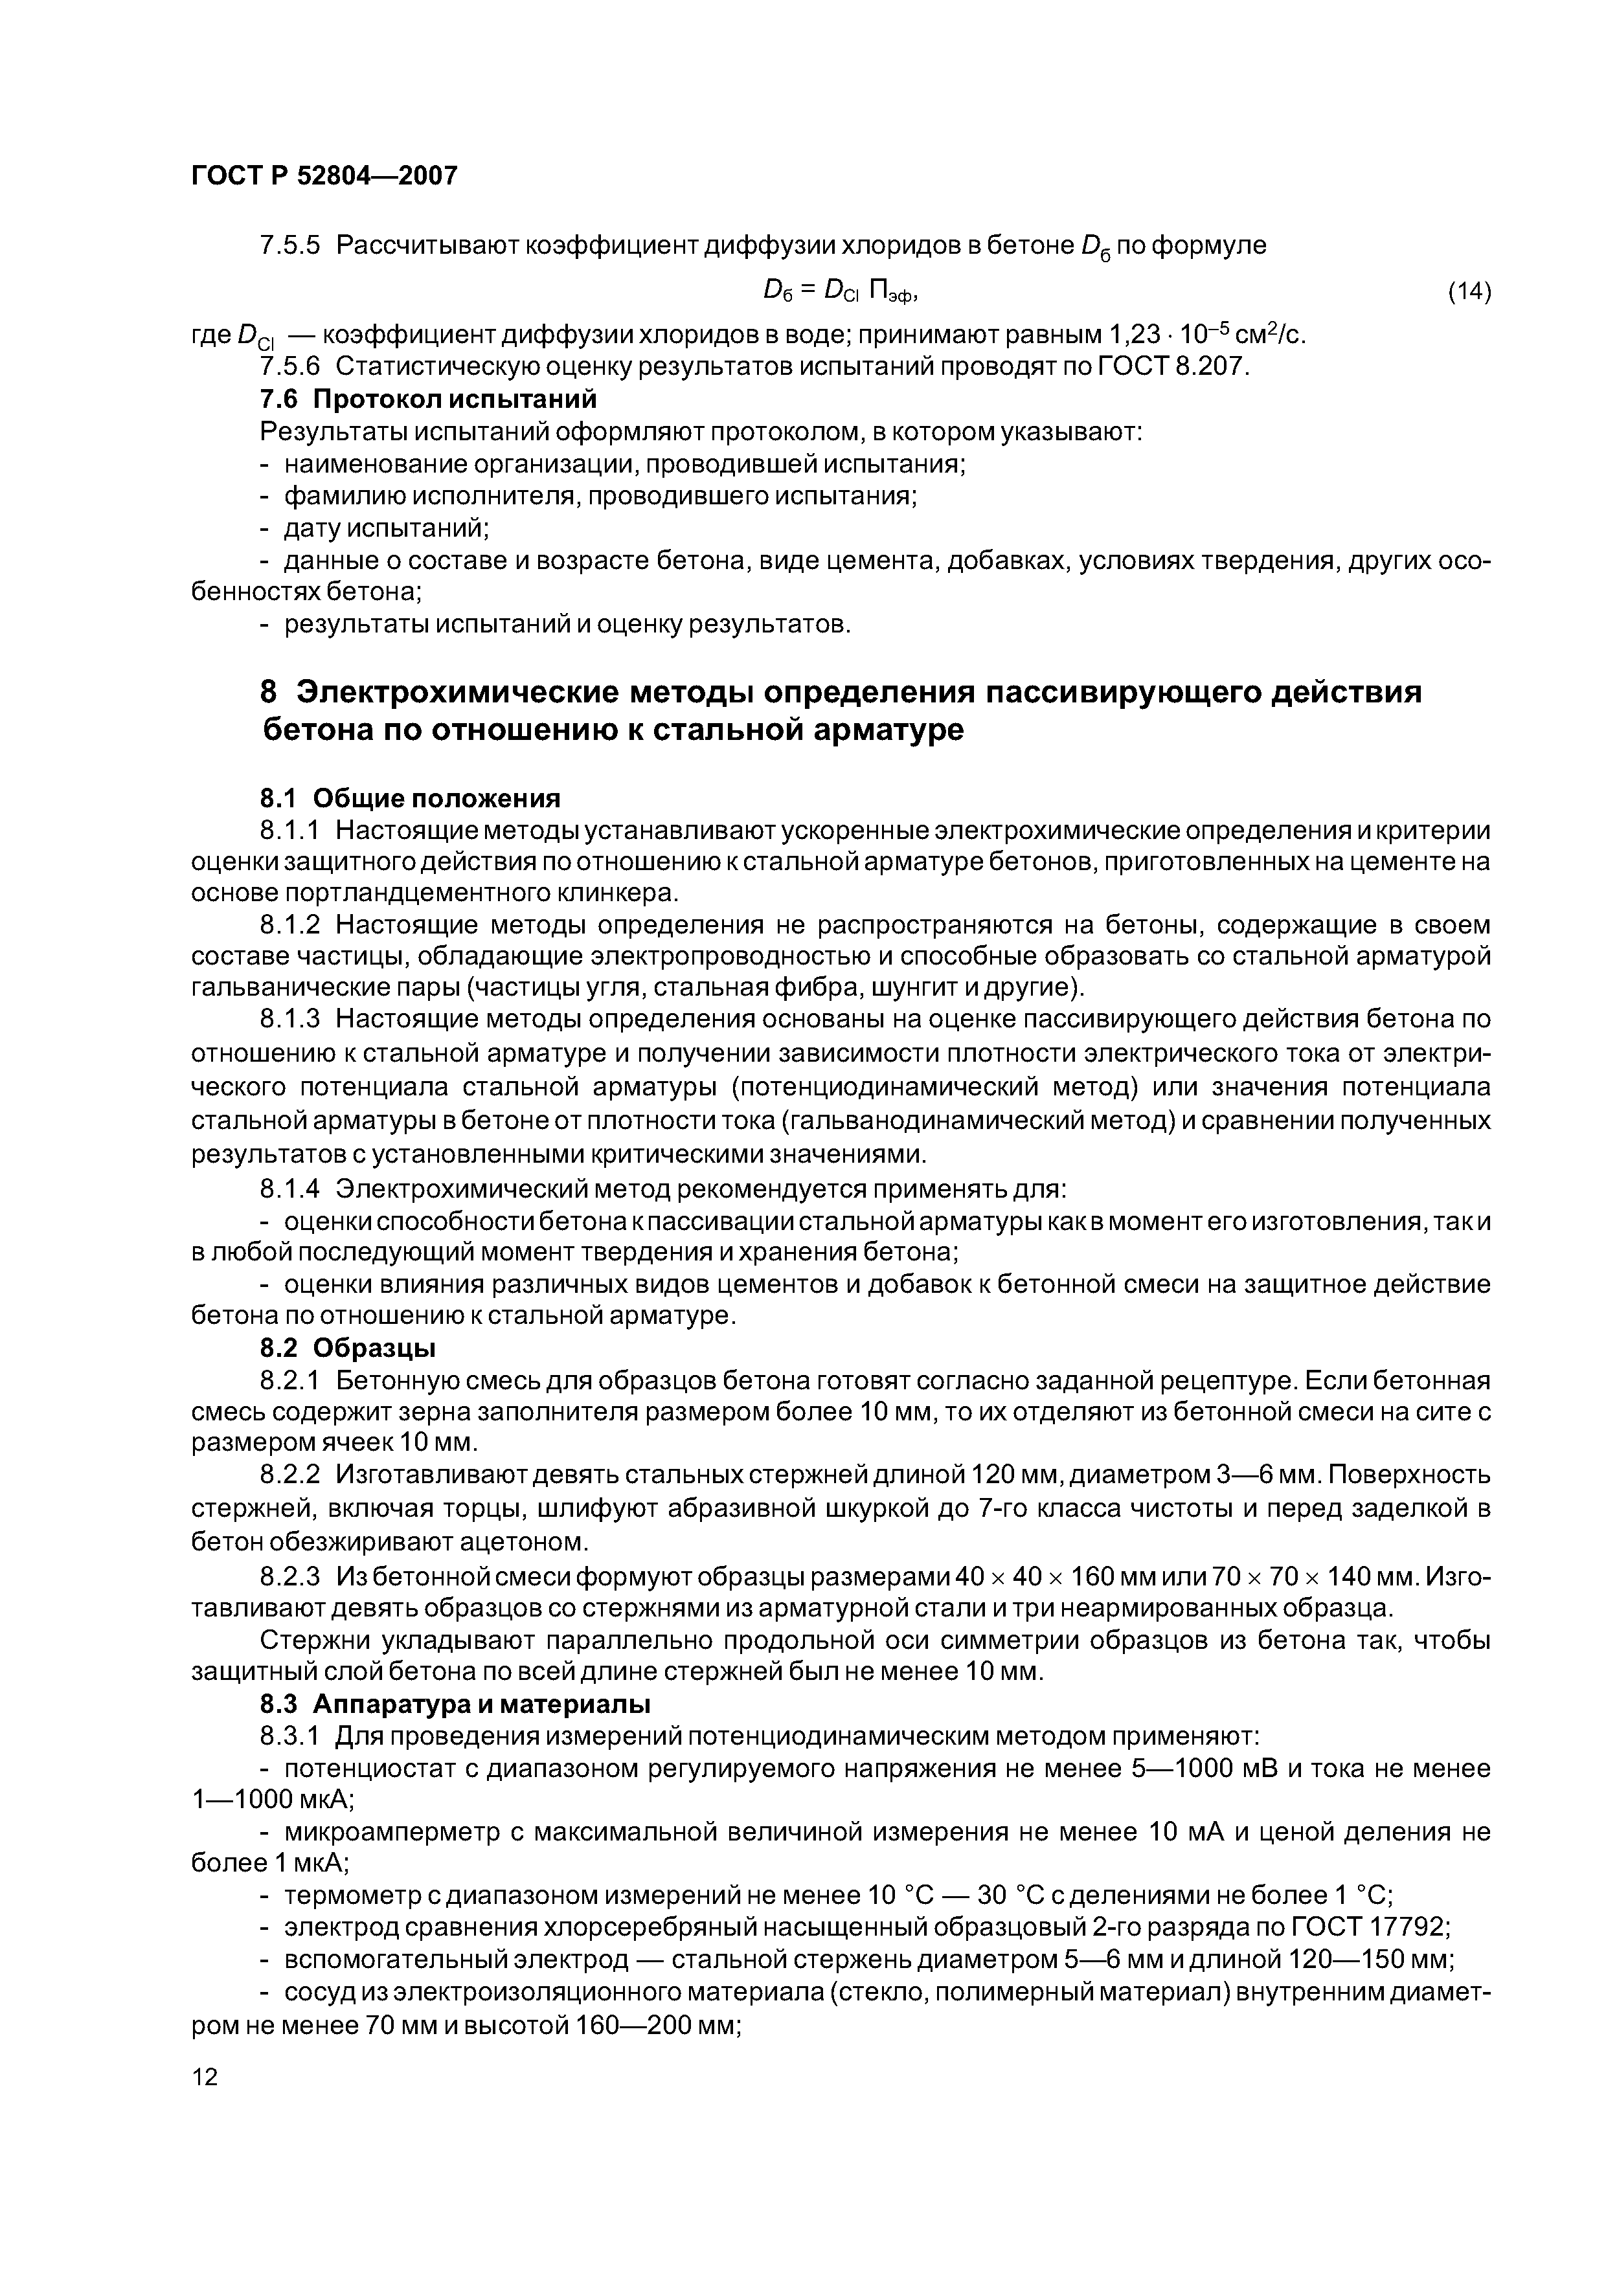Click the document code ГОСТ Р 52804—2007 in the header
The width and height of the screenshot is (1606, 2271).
324,176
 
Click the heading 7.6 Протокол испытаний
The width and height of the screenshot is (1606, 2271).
429,399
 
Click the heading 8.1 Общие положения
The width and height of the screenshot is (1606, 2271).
410,797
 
